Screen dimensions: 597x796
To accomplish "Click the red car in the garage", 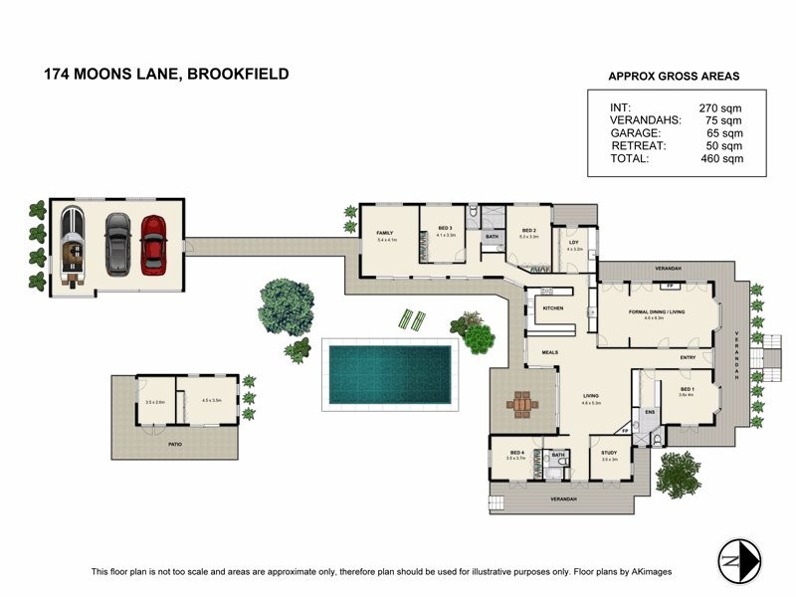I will pyautogui.click(x=152, y=244).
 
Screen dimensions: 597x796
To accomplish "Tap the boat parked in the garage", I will pyautogui.click(x=73, y=247).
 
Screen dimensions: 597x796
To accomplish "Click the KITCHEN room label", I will pyautogui.click(x=553, y=308).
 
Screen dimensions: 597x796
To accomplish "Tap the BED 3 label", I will pyautogui.click(x=445, y=230).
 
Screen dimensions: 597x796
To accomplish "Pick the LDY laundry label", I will pyautogui.click(x=574, y=243).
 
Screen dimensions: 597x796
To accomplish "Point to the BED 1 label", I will pyautogui.click(x=687, y=389).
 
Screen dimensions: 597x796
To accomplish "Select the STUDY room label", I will pyautogui.click(x=609, y=454).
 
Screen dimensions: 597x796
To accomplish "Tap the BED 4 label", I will pyautogui.click(x=514, y=453).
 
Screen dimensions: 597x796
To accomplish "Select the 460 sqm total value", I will pyautogui.click(x=723, y=158).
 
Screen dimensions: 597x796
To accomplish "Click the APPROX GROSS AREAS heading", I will pyautogui.click(x=674, y=76).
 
